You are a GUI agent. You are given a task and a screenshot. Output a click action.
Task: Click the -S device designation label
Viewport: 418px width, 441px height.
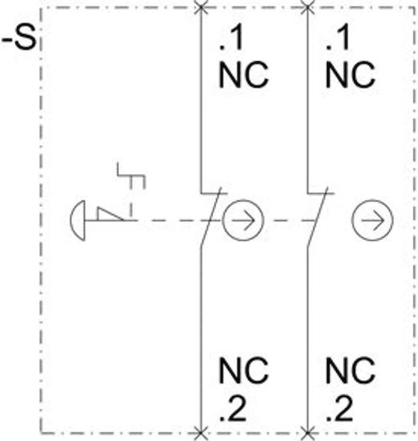[20, 38]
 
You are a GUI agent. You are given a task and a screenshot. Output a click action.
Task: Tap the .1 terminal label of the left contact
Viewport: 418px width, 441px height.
[231, 38]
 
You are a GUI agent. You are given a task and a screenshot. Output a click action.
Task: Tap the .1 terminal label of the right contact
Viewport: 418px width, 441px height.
[338, 38]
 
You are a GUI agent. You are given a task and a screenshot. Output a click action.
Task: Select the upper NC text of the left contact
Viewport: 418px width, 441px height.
[244, 75]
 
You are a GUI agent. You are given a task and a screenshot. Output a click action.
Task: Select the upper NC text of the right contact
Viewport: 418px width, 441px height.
[350, 75]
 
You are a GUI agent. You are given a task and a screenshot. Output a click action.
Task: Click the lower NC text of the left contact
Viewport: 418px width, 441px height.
[244, 371]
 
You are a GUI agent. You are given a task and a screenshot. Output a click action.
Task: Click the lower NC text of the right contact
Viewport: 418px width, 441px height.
[350, 371]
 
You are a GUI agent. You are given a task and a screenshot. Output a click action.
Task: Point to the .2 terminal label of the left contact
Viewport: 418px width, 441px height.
[233, 408]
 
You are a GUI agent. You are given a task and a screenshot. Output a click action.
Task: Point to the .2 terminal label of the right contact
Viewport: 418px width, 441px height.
[339, 408]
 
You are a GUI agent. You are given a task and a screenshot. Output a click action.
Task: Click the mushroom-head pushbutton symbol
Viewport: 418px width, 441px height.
[78, 220]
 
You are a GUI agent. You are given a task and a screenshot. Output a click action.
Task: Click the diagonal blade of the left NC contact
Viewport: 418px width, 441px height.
[211, 217]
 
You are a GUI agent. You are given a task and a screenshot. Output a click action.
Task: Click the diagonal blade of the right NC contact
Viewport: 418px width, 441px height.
[317, 217]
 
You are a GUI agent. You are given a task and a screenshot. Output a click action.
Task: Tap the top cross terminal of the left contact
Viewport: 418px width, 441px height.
[201, 7]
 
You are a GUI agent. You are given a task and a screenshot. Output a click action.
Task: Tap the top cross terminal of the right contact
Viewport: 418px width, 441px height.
[308, 7]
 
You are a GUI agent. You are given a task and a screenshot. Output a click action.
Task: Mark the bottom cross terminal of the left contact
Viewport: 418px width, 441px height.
[201, 433]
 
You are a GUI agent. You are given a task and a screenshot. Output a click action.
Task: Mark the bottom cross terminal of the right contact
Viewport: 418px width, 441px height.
[308, 433]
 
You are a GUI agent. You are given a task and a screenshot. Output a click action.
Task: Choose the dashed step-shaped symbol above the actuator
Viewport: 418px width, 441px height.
[131, 189]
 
